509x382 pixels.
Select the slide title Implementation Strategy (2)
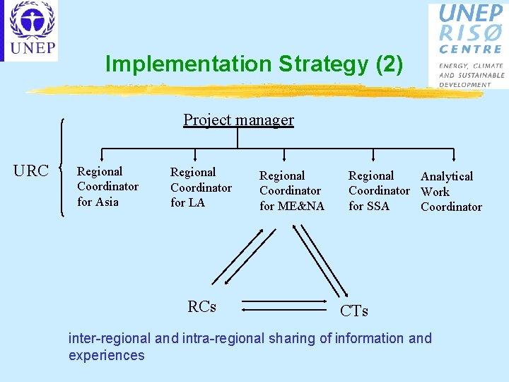coord(254,64)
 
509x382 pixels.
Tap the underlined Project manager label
coord(238,120)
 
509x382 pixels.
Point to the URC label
coord(32,171)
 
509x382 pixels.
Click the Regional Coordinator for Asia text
coord(107,187)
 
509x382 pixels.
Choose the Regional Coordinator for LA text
coord(201,187)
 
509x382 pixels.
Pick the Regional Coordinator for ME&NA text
coord(291,191)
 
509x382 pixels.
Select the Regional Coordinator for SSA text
coord(378,190)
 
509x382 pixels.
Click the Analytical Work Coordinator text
coord(451,192)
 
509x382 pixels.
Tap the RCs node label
coord(201,306)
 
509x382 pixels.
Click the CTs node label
coord(354,311)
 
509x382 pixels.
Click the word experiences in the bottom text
coord(106,355)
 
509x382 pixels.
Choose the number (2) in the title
coord(390,64)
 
